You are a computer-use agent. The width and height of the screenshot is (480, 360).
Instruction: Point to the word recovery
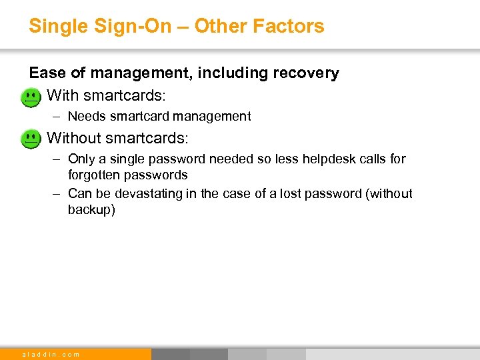click(x=307, y=73)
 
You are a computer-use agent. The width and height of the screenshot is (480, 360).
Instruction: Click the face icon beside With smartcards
click(x=31, y=98)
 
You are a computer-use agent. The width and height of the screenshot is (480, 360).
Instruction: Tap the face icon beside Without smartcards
click(x=31, y=139)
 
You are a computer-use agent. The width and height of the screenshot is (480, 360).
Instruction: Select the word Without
click(x=74, y=138)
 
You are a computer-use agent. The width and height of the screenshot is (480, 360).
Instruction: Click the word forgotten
click(x=93, y=175)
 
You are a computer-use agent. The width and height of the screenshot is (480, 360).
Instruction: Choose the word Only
click(x=82, y=159)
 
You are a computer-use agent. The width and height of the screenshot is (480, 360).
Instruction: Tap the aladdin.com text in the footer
click(x=51, y=354)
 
